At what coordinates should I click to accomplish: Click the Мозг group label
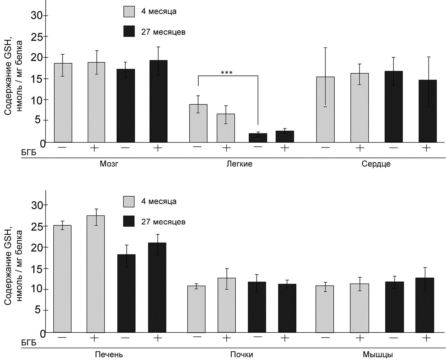[x=109, y=164]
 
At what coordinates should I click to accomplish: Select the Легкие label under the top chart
[x=239, y=164]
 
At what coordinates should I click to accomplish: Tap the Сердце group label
[x=376, y=164]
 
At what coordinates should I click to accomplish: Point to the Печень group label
[x=109, y=354]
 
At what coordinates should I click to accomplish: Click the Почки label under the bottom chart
[x=241, y=354]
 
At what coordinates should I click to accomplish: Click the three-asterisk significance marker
[x=227, y=73]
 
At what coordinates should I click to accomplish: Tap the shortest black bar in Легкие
[x=258, y=138]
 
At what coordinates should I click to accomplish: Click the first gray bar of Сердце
[x=325, y=110]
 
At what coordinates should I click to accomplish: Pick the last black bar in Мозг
[x=158, y=101]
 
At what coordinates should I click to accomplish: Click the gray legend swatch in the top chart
[x=129, y=12]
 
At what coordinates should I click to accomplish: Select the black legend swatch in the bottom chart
[x=129, y=221]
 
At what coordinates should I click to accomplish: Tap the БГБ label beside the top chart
[x=29, y=152]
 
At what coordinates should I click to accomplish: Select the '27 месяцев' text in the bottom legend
[x=163, y=222]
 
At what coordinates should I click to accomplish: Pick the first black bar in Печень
[x=126, y=293]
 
